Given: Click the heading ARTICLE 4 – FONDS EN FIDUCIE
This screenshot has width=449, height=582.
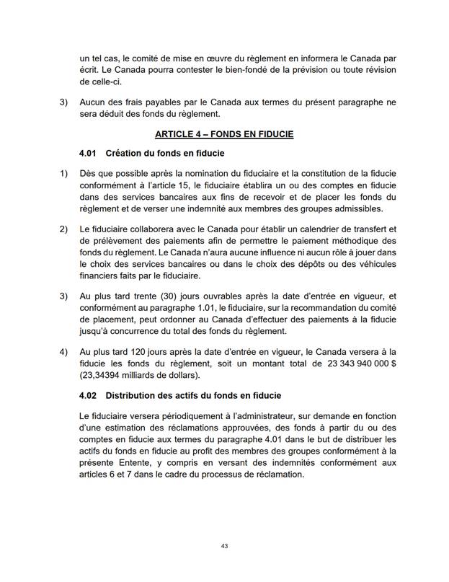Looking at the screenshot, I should click(224, 136).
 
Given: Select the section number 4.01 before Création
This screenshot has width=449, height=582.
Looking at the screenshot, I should click(88, 154).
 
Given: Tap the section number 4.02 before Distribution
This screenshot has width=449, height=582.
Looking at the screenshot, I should click(88, 396).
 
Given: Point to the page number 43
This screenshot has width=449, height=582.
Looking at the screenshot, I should click(224, 547).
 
